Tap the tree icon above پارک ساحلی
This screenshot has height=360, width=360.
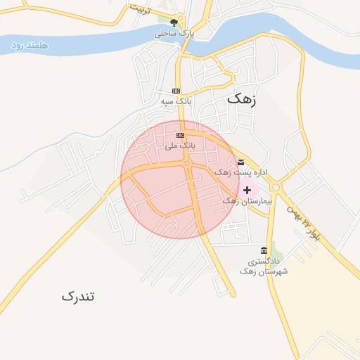tap(174, 22)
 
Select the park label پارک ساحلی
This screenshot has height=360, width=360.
tap(174, 32)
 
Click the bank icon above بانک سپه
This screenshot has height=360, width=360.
tap(176, 91)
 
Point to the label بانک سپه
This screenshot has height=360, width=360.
tap(176, 101)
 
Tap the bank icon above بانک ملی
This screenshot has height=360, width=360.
tap(180, 135)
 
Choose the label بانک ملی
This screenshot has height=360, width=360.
tap(179, 146)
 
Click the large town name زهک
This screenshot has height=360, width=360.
tap(242, 100)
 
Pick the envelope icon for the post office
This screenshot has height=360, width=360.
tap(240, 162)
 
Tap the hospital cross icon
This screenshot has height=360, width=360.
tap(247, 190)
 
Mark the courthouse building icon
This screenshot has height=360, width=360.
tap(264, 250)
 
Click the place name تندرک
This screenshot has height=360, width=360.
tap(77, 296)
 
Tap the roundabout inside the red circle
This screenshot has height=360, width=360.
tap(187, 164)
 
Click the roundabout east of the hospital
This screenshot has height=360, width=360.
tap(276, 187)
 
